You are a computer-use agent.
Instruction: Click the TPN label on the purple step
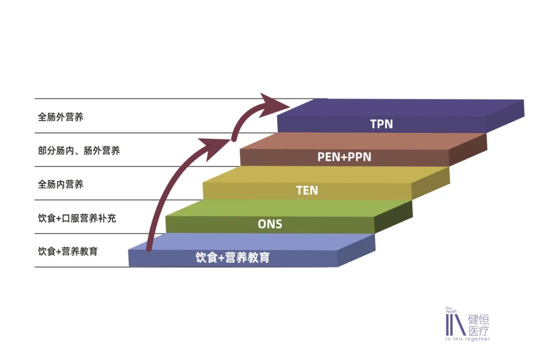tap(381, 124)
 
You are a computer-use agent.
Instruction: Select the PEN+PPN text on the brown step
tap(344, 157)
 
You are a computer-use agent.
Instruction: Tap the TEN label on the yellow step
tap(307, 190)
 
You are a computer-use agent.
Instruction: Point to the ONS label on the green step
tap(270, 224)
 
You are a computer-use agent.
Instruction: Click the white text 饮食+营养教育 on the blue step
tap(233, 258)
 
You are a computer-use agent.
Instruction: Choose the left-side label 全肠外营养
tap(60, 117)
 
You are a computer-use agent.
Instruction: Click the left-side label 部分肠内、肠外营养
tap(79, 150)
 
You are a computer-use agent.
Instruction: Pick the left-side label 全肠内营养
tap(60, 184)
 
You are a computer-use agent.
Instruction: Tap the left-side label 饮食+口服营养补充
tap(77, 218)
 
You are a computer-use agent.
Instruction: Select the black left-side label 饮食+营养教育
tap(68, 251)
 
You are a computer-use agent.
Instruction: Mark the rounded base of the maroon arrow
tap(149, 247)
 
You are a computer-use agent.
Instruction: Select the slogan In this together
tap(468, 340)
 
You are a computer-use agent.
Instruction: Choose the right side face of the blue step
tap(356, 251)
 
